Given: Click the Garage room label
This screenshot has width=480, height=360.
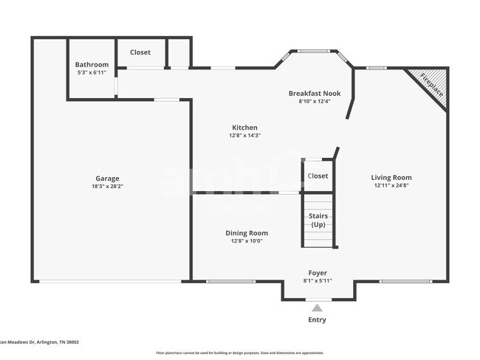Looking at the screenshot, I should click(x=107, y=179).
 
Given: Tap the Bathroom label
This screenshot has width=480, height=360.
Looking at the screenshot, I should click(x=92, y=65).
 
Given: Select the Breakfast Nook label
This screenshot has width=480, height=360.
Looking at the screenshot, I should click(x=313, y=93).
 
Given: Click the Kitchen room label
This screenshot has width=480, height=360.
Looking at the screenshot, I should click(x=244, y=128).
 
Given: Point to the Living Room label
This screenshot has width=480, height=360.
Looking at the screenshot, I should click(x=391, y=178).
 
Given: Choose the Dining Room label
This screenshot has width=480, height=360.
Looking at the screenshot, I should click(x=246, y=233).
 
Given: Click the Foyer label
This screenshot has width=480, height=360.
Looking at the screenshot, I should click(x=318, y=273).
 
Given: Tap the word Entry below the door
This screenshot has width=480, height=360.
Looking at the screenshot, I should click(x=317, y=320).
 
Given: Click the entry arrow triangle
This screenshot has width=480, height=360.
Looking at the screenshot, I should click(x=317, y=308).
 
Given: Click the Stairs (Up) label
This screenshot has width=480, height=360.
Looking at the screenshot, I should click(x=318, y=220).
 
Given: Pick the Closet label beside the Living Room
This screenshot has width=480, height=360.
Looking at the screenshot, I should click(x=318, y=176).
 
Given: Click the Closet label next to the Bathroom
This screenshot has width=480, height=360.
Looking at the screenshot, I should click(x=140, y=52).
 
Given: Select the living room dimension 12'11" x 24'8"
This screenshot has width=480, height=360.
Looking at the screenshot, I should click(x=391, y=187).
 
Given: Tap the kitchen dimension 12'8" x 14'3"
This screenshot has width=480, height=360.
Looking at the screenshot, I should click(x=244, y=136).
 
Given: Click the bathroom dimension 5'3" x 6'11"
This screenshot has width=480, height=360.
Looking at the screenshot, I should click(x=92, y=73).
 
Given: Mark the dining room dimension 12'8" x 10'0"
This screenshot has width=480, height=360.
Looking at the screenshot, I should click(x=246, y=241).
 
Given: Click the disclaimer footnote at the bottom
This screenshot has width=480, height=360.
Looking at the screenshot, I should click(x=240, y=353).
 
